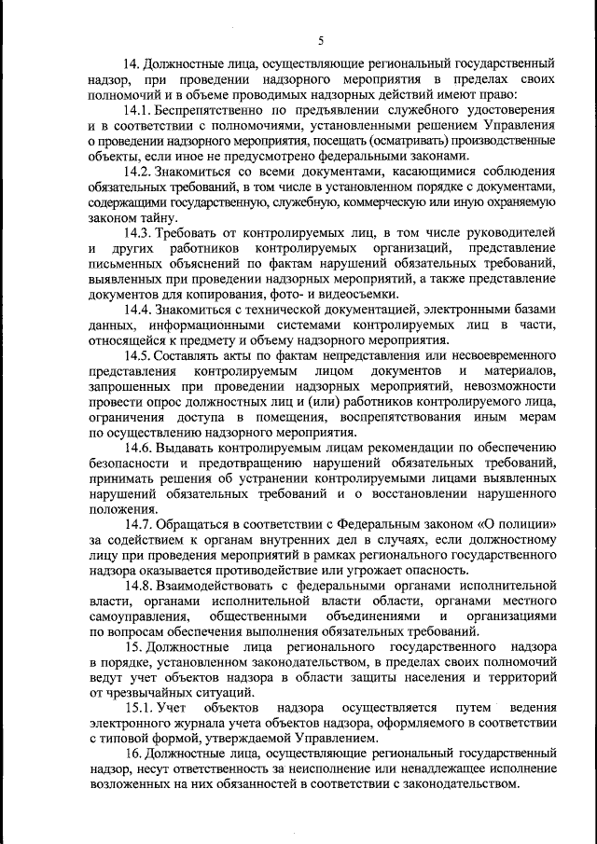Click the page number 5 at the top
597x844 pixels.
click(x=320, y=40)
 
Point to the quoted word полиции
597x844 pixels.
click(x=527, y=524)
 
